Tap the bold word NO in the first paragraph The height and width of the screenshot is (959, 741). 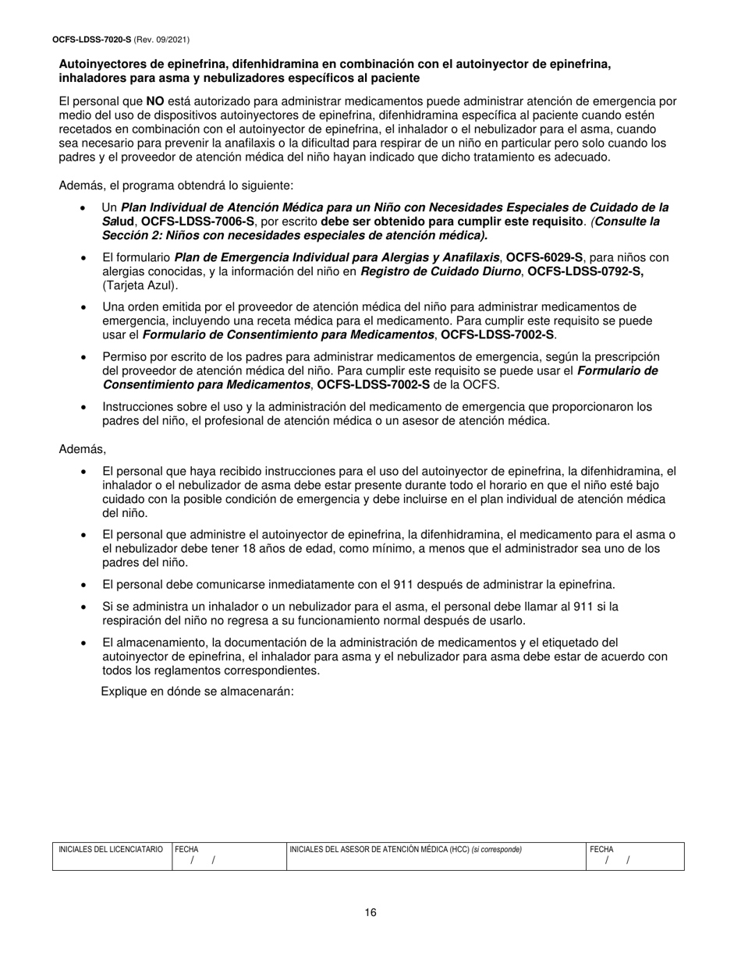pyautogui.click(x=154, y=101)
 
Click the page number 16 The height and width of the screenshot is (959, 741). pyautogui.click(x=370, y=912)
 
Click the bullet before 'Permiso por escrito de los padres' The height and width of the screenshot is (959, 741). pyautogui.click(x=83, y=356)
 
